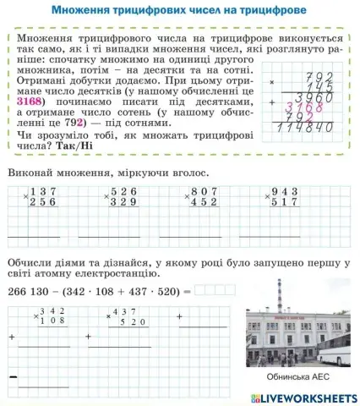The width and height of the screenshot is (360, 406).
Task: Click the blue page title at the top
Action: coord(178,11)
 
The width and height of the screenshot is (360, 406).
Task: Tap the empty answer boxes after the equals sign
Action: coord(215,288)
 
